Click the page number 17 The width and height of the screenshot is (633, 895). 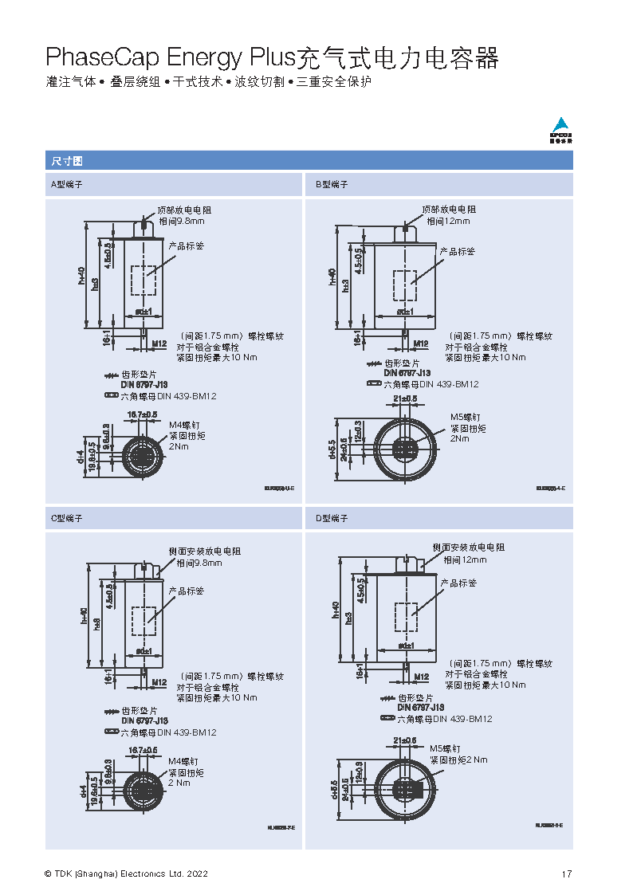[x=566, y=874]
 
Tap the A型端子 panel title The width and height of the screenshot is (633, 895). [x=67, y=185]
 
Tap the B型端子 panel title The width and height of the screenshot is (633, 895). [x=331, y=185]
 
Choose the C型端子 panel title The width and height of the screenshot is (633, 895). [x=67, y=518]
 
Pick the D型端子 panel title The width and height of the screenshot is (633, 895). [x=331, y=518]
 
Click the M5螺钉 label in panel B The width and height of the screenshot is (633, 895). [x=465, y=417]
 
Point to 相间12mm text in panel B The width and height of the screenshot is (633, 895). [x=448, y=221]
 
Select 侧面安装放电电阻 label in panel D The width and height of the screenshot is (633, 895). [x=468, y=548]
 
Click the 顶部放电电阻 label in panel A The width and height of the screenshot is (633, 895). [x=183, y=210]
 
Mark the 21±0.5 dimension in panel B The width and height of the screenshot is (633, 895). [x=405, y=398]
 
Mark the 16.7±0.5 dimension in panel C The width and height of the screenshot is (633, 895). [x=142, y=750]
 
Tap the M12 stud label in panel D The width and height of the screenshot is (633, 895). [x=421, y=677]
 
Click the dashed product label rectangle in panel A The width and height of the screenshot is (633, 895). [x=144, y=281]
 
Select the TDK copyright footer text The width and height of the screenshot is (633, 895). [x=126, y=874]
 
